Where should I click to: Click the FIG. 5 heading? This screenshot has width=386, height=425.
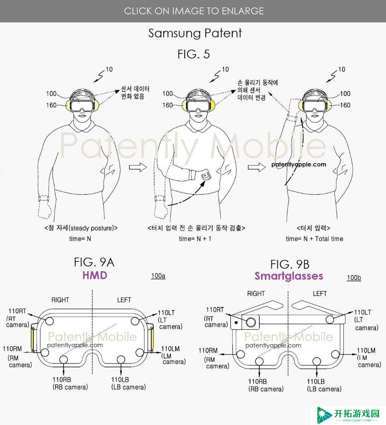tap(194, 54)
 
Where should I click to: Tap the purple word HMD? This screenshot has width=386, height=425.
tap(95, 275)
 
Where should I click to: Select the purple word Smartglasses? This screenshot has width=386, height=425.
tap(289, 276)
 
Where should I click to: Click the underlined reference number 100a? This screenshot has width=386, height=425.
tap(158, 276)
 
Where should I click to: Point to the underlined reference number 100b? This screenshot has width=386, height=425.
tap(354, 278)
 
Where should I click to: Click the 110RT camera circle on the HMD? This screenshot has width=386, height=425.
tap(49, 321)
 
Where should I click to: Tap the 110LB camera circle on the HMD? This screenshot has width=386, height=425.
tap(121, 360)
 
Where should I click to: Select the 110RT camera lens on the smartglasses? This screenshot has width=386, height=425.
tap(251, 322)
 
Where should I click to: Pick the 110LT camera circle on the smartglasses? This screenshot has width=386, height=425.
tap(330, 320)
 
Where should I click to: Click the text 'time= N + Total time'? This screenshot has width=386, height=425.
tap(314, 239)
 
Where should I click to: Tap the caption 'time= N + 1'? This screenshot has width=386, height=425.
tap(195, 239)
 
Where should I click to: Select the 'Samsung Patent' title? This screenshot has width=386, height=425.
tap(195, 33)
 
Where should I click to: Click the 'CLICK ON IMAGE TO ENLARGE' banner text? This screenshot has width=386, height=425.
tap(194, 11)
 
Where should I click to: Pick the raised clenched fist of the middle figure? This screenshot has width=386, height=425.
tap(206, 174)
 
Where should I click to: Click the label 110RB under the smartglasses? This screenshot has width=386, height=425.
tap(257, 381)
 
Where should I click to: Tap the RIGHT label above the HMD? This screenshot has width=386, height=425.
tap(60, 300)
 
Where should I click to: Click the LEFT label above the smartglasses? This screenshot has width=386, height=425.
tap(320, 294)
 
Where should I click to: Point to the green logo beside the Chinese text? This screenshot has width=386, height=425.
tap(324, 415)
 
